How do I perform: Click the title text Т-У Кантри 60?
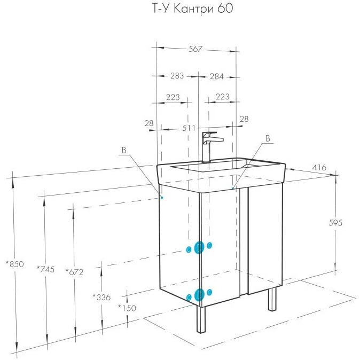pos(193,9)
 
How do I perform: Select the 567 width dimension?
pos(195,49)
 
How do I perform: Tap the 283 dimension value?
pos(177,75)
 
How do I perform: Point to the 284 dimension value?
pos(216,76)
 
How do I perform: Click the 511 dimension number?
pos(189,128)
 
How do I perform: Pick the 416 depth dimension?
pos(319,167)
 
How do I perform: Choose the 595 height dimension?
pos(335,223)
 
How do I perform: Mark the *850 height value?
pos(15,264)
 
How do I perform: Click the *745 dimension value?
pos(46,269)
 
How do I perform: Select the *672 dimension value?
pos(74,272)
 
